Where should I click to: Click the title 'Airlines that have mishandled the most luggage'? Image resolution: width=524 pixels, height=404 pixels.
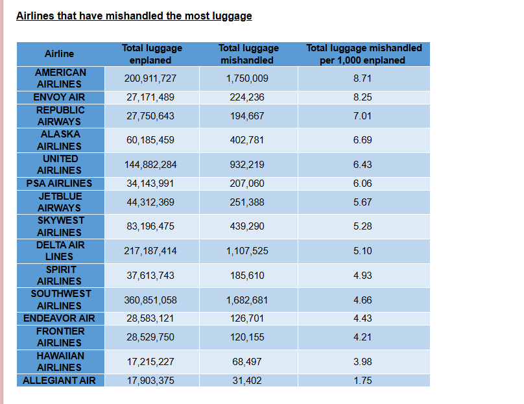pyautogui.click(x=134, y=16)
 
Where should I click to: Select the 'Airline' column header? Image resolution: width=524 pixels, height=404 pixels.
pyautogui.click(x=60, y=54)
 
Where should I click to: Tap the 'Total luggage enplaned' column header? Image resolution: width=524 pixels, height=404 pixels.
pyautogui.click(x=152, y=54)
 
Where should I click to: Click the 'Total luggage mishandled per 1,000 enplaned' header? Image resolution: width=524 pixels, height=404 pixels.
pyautogui.click(x=364, y=54)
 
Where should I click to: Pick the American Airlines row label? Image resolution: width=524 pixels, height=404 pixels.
pyautogui.click(x=60, y=78)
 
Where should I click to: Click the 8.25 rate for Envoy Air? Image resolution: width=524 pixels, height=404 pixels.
pyautogui.click(x=363, y=97)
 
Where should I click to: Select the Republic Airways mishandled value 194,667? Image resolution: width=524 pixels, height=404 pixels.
pyautogui.click(x=247, y=116)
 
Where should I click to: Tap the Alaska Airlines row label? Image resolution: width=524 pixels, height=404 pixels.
pyautogui.click(x=60, y=140)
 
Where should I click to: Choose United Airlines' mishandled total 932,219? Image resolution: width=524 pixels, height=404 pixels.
pyautogui.click(x=247, y=165)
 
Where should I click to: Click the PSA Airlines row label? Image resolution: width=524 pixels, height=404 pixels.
pyautogui.click(x=60, y=184)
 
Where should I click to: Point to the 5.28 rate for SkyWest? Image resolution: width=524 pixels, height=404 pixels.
pyautogui.click(x=363, y=226)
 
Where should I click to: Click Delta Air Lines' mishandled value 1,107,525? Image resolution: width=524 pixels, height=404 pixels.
pyautogui.click(x=247, y=251)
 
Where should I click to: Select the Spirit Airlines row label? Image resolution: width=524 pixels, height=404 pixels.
pyautogui.click(x=60, y=276)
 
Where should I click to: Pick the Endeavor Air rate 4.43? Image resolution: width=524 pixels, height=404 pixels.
pyautogui.click(x=363, y=318)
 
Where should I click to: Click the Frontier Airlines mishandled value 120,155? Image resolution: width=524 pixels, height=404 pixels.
pyautogui.click(x=247, y=337)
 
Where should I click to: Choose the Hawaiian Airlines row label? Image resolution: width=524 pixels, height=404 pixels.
pyautogui.click(x=60, y=362)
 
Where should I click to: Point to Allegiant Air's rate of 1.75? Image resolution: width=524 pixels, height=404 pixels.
pyautogui.click(x=363, y=381)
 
